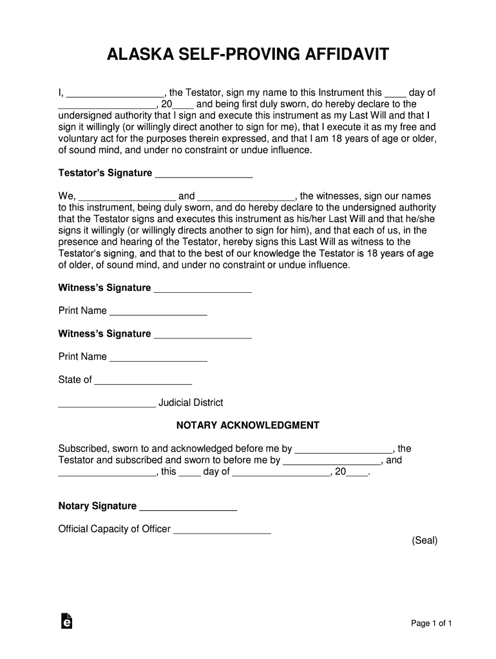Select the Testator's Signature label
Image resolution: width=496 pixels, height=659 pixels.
[x=105, y=173]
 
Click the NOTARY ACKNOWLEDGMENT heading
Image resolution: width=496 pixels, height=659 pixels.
[x=248, y=425]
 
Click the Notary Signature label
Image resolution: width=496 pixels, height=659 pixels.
[x=97, y=506]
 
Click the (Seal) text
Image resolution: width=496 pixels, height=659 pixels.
[x=424, y=541]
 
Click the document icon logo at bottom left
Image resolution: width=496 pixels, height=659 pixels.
[x=65, y=620]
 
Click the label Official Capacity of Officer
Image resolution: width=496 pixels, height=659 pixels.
[x=114, y=529]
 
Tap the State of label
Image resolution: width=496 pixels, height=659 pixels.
[x=75, y=380]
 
